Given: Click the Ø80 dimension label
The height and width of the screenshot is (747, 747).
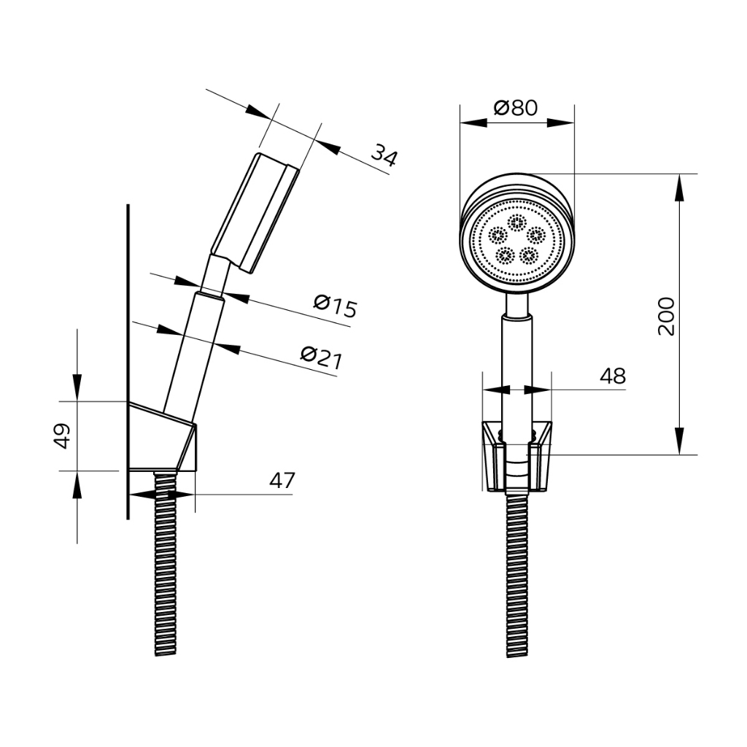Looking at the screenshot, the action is tap(516, 108).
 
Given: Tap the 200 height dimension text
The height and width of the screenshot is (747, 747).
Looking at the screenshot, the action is tap(666, 317).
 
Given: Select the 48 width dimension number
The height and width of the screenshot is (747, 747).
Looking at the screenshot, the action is tap(613, 376).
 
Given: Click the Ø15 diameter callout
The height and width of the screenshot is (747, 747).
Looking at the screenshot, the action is tap(335, 307).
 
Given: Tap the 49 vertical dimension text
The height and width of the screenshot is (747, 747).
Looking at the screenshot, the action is tap(62, 436).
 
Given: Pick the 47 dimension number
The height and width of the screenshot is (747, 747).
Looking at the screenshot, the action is tap(282, 480).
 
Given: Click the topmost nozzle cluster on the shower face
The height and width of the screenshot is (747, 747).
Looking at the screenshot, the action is tap(516, 222).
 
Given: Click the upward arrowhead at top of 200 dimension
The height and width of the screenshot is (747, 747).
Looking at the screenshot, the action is tap(679, 187).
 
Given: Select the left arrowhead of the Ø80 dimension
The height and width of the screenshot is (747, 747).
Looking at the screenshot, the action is tap(473, 123).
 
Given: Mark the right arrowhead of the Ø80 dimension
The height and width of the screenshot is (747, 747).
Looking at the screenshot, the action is tap(561, 123).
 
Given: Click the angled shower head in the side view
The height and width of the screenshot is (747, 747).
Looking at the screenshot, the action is tap(255, 213).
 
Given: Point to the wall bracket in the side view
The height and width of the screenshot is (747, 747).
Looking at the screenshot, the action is tap(163, 437).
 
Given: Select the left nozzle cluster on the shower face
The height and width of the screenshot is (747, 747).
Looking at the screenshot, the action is tap(498, 235).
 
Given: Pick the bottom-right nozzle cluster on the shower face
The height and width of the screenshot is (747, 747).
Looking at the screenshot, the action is tap(529, 255).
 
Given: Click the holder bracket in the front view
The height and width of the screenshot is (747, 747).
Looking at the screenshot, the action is tap(517, 456).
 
